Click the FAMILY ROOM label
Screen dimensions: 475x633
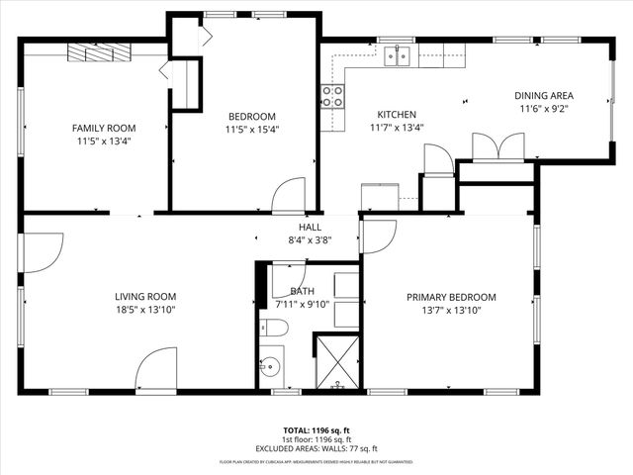tap(104, 128)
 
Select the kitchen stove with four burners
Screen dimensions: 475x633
tap(332, 96)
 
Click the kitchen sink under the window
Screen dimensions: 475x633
tap(399, 55)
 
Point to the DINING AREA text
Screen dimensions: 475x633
tap(544, 96)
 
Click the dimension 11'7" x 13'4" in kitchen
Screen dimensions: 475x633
tap(397, 127)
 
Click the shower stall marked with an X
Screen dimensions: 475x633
tap(337, 361)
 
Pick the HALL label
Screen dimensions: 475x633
tap(310, 227)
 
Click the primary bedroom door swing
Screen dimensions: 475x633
tap(378, 236)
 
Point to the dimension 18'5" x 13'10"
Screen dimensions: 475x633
tap(145, 310)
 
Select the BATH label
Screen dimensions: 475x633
tap(303, 291)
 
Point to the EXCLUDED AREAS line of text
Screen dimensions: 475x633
tap(316, 448)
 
